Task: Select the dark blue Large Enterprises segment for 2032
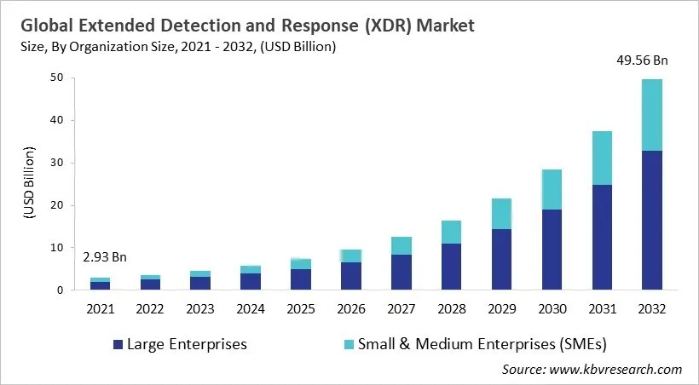coord(651,220)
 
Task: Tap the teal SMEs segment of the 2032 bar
coord(651,115)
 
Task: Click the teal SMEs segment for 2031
coord(602,158)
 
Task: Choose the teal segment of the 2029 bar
coord(502,214)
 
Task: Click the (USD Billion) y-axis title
coord(29,183)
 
